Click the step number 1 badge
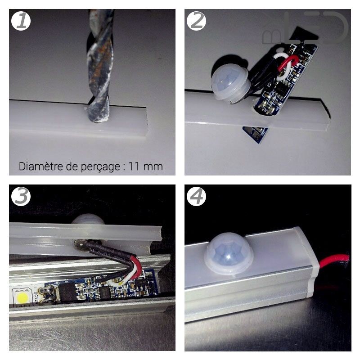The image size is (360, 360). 21,21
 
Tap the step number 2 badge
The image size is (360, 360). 196,21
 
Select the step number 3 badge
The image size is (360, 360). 21,197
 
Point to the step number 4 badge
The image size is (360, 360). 196,197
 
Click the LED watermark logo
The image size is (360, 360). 315,29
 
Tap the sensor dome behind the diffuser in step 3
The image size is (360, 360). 87,219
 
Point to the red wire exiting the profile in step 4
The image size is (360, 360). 335,260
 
